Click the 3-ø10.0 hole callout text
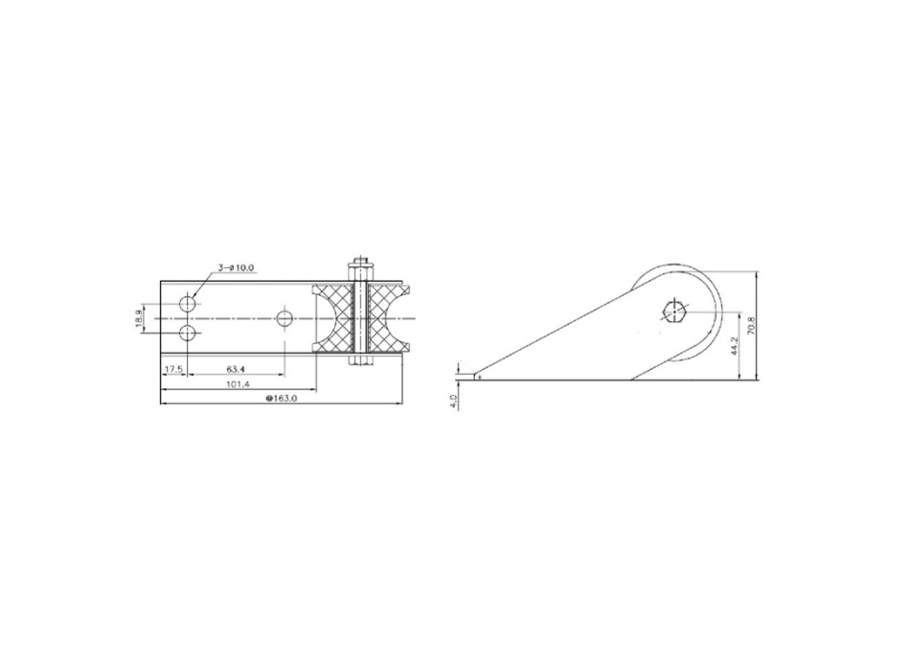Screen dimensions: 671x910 click(x=237, y=268)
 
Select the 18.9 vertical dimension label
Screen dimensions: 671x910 click(x=140, y=317)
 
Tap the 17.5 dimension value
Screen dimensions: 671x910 click(x=173, y=369)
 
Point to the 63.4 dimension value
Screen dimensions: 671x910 click(x=236, y=369)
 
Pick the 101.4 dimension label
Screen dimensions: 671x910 click(x=238, y=384)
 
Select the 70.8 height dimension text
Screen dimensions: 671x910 click(x=764, y=326)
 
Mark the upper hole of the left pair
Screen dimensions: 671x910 click(x=188, y=303)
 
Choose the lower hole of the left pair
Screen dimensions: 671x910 click(x=188, y=333)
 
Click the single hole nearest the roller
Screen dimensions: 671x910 click(x=284, y=317)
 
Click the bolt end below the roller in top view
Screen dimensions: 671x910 click(x=359, y=360)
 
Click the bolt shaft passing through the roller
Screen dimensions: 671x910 click(x=360, y=317)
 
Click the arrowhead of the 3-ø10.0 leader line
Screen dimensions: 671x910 click(x=195, y=295)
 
